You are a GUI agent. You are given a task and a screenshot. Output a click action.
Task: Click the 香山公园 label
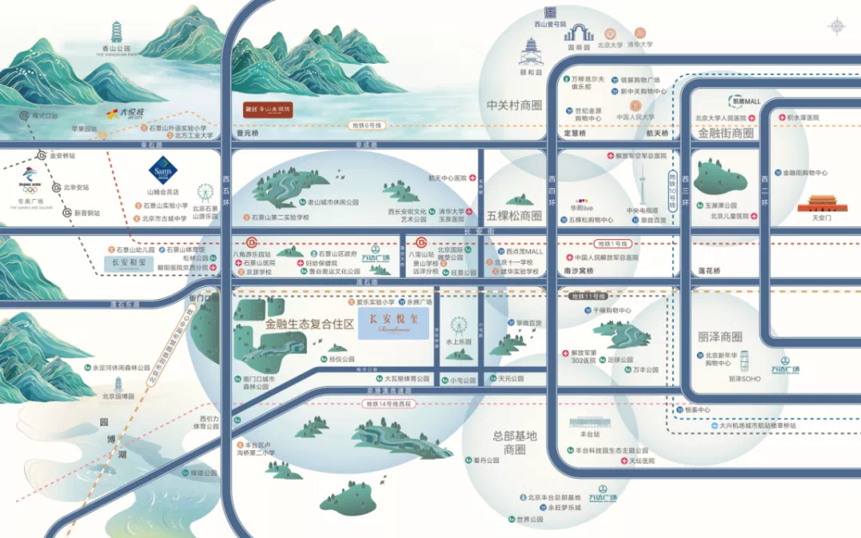click(x=117, y=49)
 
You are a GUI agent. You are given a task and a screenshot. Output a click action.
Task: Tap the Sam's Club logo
click(x=161, y=171)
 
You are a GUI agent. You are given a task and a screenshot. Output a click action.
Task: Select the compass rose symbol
click(x=836, y=26)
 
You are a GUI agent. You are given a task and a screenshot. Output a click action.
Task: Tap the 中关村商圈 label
click(x=514, y=105)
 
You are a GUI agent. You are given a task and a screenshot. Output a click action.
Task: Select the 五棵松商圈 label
click(x=514, y=215)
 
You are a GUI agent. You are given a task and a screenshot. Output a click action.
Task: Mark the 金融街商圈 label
click(x=726, y=133)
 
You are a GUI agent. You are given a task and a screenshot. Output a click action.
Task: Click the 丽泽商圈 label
click(x=720, y=336)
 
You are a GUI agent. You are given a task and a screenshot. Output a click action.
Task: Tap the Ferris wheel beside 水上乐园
click(x=458, y=326)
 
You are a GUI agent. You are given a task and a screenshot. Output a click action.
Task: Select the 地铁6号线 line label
click(x=367, y=125)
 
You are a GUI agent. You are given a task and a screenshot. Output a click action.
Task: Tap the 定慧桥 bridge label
click(x=575, y=133)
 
